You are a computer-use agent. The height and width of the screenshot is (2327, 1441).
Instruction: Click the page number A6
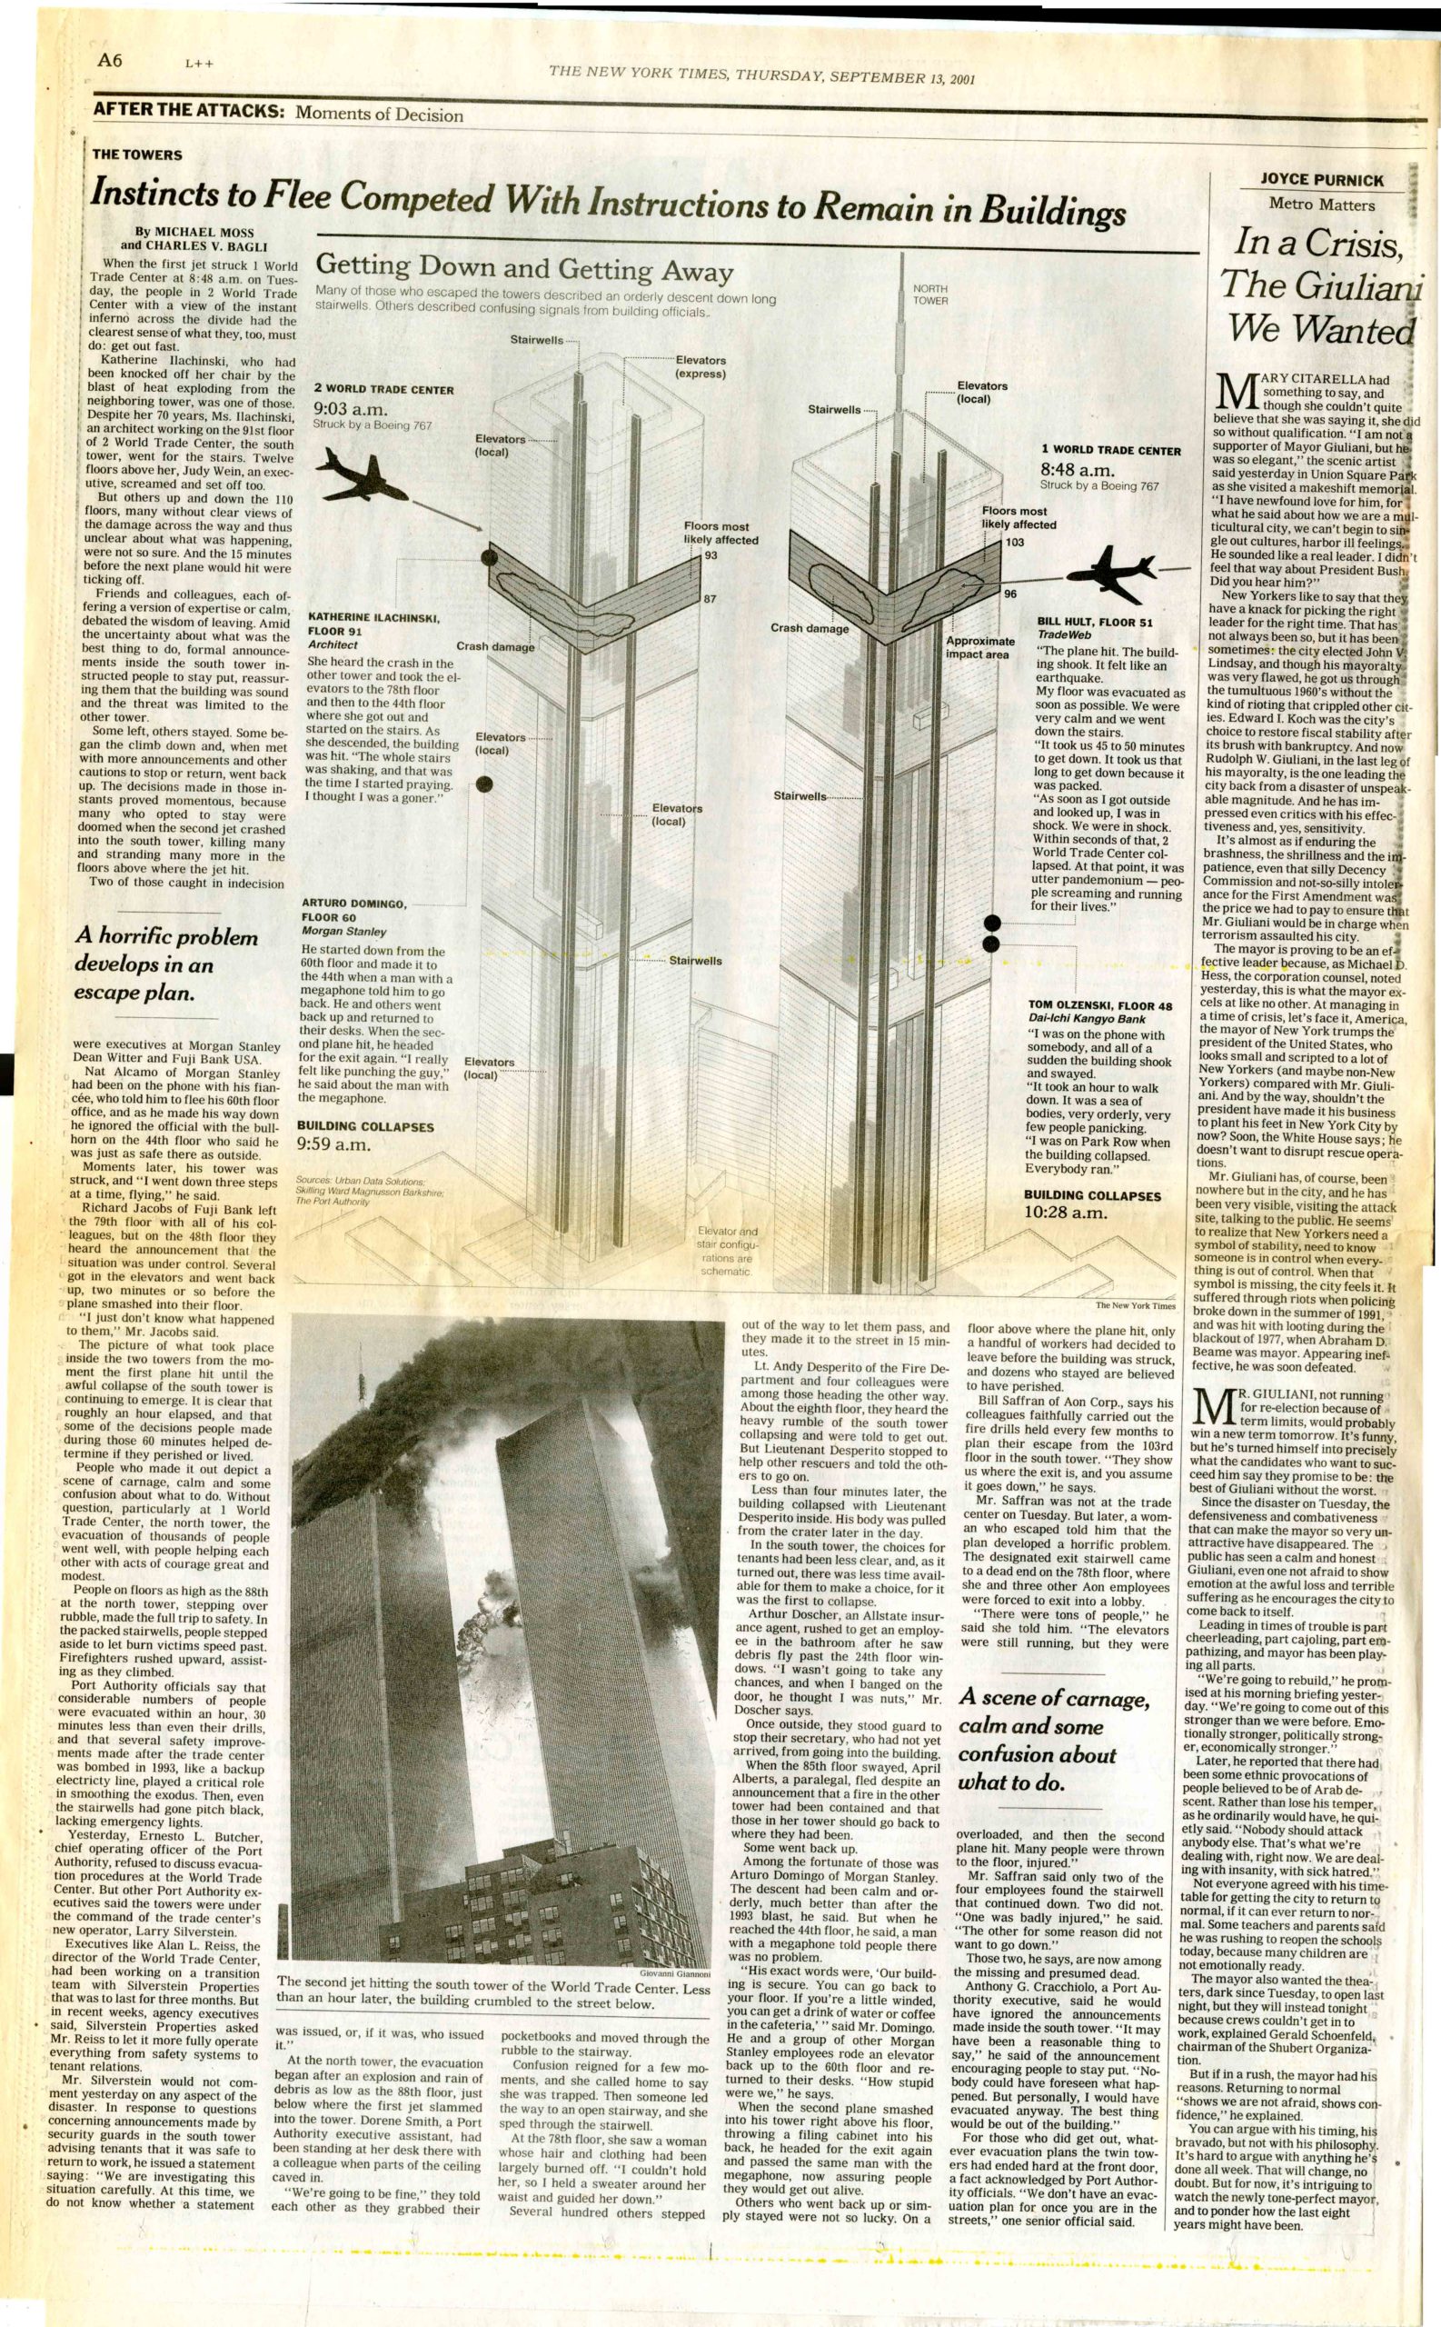point(111,60)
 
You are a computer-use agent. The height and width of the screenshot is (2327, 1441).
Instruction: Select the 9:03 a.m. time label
point(345,409)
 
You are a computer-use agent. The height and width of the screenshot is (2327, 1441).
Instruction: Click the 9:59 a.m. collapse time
point(333,1144)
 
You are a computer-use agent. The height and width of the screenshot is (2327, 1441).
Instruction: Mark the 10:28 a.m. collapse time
point(1066,1213)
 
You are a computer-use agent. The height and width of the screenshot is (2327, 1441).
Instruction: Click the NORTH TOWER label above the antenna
point(930,294)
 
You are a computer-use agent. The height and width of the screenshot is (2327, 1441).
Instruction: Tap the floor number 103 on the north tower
point(1015,542)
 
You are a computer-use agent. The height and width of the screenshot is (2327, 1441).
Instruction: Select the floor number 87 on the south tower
point(710,599)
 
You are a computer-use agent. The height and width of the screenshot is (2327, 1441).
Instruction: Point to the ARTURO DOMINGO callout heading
point(354,903)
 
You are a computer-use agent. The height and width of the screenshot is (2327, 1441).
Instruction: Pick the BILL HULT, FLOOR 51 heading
point(1095,623)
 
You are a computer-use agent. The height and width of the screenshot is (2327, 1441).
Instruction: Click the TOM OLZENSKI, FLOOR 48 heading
point(1099,1004)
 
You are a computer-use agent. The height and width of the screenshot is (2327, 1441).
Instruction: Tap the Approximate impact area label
point(979,647)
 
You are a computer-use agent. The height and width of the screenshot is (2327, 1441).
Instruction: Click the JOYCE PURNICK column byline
point(1322,179)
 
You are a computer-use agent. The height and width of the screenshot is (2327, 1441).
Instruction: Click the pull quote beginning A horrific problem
point(167,964)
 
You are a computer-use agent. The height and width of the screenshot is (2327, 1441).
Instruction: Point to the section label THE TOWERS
point(137,155)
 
